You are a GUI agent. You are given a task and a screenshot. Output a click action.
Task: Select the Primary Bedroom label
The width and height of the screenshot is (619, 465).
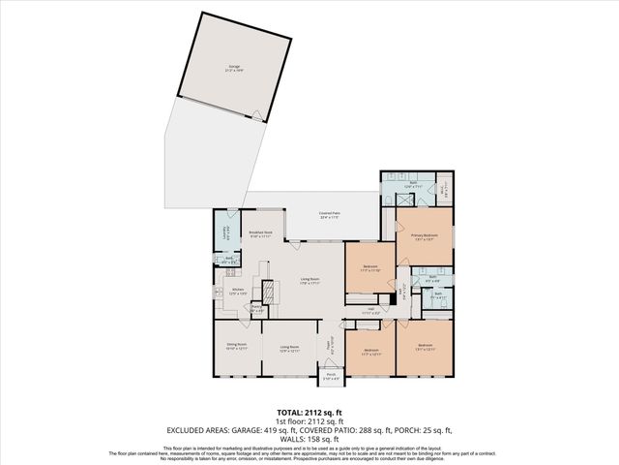[x=424, y=237]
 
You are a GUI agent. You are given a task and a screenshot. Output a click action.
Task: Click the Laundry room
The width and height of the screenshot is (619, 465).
[x=225, y=231]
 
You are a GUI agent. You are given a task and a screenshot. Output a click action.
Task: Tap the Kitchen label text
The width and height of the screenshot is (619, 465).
[x=236, y=290]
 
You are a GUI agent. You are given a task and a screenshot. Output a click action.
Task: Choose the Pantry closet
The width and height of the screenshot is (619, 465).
[x=256, y=309]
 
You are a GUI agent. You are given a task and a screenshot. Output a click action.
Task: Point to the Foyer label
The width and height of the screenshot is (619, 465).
[x=329, y=343]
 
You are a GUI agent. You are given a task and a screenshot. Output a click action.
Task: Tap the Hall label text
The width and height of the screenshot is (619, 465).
[x=369, y=310]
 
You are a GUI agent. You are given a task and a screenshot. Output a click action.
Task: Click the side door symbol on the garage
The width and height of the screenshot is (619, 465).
[x=255, y=117]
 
